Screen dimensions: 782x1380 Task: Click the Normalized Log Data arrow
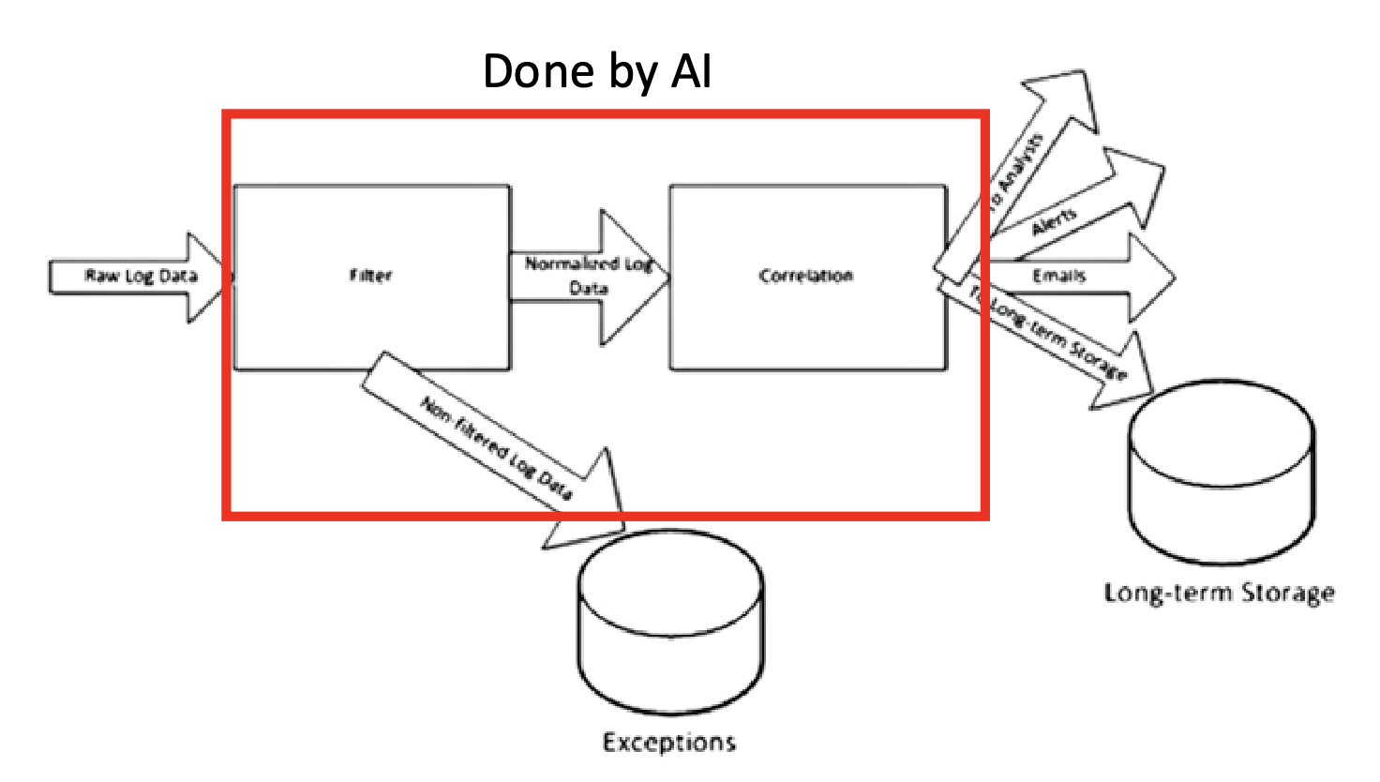coord(589,277)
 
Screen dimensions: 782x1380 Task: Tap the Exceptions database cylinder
coord(670,624)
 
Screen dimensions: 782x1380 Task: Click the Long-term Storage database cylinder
coord(1221,474)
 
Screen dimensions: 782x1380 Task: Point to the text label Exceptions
coord(669,743)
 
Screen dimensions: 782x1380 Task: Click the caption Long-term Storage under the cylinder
coord(1219,593)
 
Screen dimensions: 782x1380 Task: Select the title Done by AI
coord(597,71)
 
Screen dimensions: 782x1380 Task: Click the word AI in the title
coord(692,71)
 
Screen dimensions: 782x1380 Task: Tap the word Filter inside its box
coord(371,276)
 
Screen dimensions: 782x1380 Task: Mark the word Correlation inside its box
coord(806,276)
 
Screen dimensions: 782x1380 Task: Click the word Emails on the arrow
coord(1058,276)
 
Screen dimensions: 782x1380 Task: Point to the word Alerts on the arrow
coord(1055,223)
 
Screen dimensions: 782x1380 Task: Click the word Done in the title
coord(538,71)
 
